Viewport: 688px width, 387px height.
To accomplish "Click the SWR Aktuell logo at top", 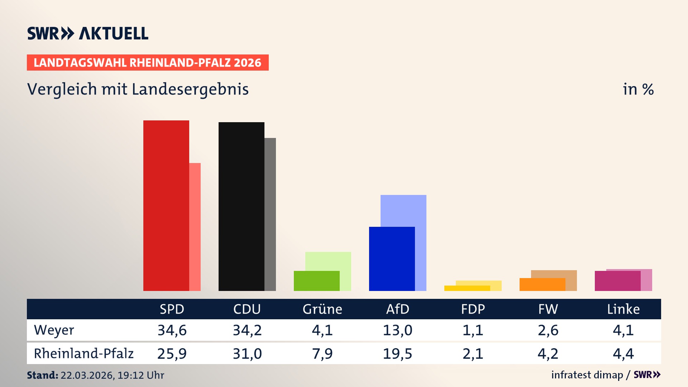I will [x=87, y=33].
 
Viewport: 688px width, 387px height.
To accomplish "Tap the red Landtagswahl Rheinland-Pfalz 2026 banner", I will [x=148, y=62].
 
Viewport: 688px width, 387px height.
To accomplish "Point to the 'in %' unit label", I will [x=638, y=89].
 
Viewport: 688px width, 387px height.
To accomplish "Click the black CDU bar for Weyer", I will [x=241, y=206].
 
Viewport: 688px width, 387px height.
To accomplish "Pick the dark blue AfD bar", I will [x=392, y=259].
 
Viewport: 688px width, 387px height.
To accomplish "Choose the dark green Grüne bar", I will [x=316, y=281].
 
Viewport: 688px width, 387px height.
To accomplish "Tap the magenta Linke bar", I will [x=617, y=281].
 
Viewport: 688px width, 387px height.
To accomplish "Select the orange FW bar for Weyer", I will [x=542, y=285].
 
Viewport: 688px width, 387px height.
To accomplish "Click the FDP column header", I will [x=473, y=309].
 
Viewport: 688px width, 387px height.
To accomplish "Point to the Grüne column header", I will [x=322, y=309].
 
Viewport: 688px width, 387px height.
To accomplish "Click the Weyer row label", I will [x=54, y=330].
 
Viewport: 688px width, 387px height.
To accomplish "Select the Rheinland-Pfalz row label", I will [x=83, y=354].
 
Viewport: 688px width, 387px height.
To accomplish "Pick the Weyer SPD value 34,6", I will [x=172, y=330].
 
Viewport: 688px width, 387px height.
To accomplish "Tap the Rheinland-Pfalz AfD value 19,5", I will [x=397, y=354].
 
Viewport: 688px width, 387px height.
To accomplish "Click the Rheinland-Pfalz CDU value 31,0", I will [x=247, y=354].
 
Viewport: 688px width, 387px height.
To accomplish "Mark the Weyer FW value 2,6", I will [x=548, y=330].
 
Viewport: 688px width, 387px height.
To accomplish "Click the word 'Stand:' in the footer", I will [x=42, y=375].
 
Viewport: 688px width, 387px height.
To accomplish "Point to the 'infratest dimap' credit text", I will [x=587, y=375].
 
